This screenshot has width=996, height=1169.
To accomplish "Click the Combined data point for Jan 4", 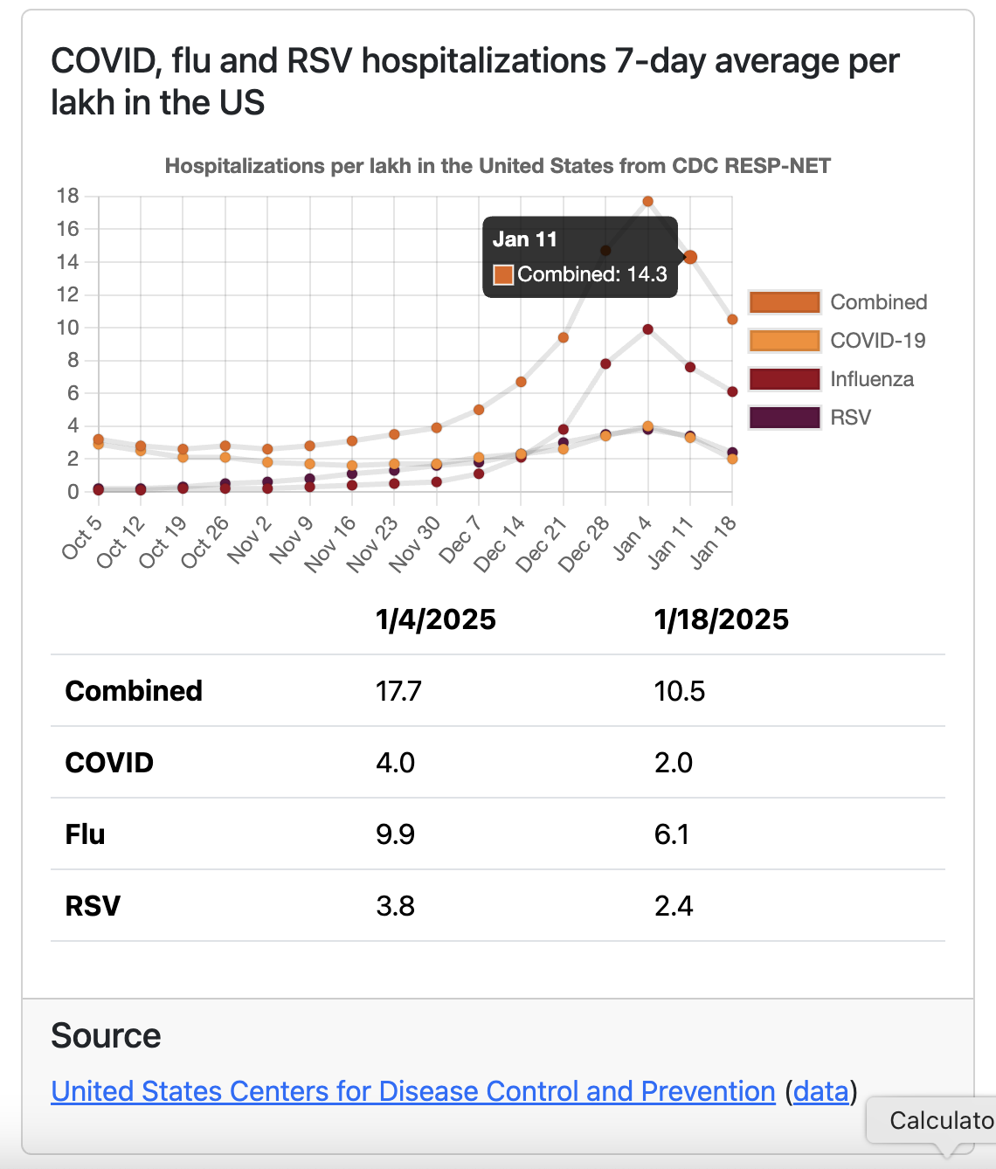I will [x=647, y=201].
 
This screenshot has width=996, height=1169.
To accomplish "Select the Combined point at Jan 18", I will [x=732, y=320].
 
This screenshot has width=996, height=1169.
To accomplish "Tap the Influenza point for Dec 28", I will [x=605, y=363].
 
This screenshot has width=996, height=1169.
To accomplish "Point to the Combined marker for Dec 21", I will [x=564, y=337].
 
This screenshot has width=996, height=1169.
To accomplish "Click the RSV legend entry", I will [x=850, y=418].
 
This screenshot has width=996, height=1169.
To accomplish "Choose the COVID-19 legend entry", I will [x=877, y=341].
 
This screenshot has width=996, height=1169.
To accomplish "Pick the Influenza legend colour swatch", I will [x=785, y=379].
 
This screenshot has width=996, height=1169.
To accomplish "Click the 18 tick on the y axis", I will [x=68, y=196].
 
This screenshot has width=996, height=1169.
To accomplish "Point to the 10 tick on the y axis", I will [x=68, y=328].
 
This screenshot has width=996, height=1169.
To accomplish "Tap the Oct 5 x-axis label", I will [x=82, y=537].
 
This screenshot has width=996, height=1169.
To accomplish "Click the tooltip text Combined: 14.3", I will [x=591, y=274].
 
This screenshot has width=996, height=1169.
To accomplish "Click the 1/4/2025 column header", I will [x=435, y=619].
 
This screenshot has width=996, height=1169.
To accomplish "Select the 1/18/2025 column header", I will [x=721, y=619].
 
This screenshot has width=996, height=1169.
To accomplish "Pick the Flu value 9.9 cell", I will [x=395, y=834].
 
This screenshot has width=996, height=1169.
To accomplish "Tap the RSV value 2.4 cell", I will [x=674, y=906].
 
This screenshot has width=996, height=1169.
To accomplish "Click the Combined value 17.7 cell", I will [x=398, y=691].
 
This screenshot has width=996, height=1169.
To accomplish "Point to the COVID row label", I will [x=109, y=763].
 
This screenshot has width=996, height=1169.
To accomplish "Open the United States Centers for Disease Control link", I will [x=413, y=1091].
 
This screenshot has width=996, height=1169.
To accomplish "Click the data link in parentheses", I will [x=820, y=1091].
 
